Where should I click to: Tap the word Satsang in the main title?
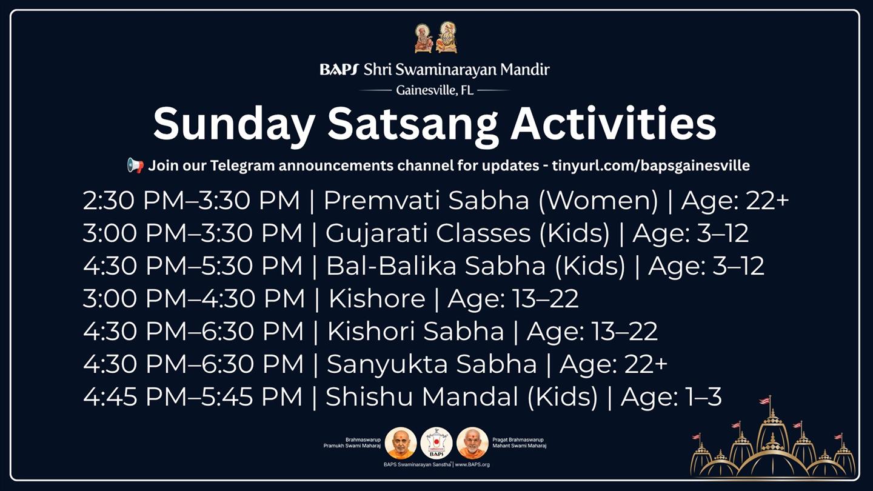coord(413,124)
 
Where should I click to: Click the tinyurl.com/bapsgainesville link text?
coord(651,165)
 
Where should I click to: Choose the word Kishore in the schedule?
coord(377,298)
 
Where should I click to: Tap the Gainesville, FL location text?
coord(435,90)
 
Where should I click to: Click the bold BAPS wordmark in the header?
coord(338,70)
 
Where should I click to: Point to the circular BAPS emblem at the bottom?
coord(436,443)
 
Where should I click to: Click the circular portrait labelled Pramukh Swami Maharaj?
coord(401,443)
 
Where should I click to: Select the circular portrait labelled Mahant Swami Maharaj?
coord(472,443)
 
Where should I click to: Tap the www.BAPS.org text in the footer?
coord(472,464)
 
